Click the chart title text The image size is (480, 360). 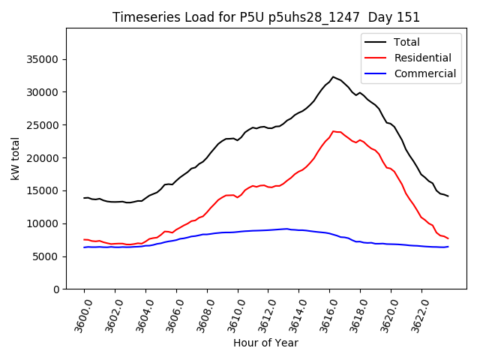point(266,17)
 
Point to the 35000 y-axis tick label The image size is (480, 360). point(43,59)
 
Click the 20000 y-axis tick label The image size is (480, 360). point(43,158)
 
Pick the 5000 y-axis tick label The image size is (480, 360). point(46,256)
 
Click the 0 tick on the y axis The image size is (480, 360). point(56,289)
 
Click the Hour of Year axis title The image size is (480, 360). point(265,343)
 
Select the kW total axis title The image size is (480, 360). point(16,158)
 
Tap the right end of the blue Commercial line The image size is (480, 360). point(448,247)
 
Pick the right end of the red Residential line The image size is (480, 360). point(448,238)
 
